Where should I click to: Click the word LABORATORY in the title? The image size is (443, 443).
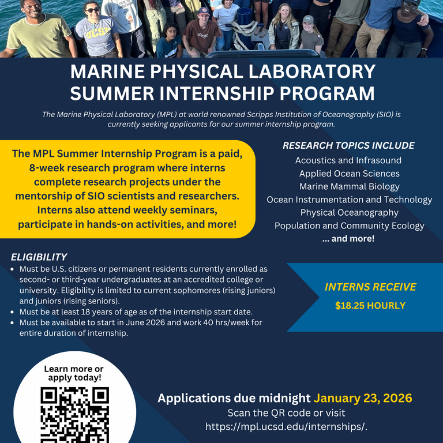point(311,72)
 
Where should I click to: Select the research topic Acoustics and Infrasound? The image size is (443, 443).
point(348,160)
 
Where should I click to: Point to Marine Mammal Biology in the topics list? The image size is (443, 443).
point(349,187)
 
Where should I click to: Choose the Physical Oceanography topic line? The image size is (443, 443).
point(349,213)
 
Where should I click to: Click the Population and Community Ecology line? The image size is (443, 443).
point(349,226)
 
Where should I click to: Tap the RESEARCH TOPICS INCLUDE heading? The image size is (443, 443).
point(348,145)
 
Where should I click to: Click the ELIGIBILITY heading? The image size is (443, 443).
point(39,257)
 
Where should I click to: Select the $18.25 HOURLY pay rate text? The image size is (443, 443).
point(370,306)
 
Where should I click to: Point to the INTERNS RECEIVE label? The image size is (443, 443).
point(370,287)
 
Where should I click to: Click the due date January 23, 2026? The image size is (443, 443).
point(363,398)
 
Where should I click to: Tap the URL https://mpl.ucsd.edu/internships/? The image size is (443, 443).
point(286,427)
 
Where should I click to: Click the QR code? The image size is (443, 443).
point(74,415)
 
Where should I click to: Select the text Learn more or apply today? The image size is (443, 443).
point(74,373)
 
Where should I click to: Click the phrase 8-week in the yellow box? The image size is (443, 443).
point(47,168)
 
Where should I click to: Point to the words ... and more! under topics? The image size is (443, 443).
point(348,239)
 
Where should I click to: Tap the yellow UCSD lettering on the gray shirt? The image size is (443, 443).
point(97,33)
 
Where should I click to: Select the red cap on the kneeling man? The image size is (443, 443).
point(204,11)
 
